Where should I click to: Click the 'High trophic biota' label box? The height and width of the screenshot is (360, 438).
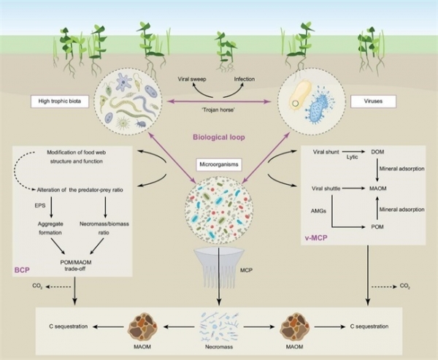tap(60, 102)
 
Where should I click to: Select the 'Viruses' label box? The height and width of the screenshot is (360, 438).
tap(373, 102)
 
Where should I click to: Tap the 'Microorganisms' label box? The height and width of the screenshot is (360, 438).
tap(219, 164)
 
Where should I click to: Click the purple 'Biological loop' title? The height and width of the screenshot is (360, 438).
tap(219, 137)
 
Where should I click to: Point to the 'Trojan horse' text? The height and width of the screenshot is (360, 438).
tap(218, 110)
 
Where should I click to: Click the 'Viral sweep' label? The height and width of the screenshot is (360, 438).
tap(192, 79)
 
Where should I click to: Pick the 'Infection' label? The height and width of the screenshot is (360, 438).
tap(245, 79)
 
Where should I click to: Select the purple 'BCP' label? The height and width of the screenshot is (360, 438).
tap(22, 270)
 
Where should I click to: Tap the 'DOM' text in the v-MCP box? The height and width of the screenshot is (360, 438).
tap(377, 152)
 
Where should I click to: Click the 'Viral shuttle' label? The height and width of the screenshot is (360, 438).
tap(326, 188)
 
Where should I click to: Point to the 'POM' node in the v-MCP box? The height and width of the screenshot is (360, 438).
tap(377, 226)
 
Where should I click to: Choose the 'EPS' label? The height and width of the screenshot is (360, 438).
tap(40, 205)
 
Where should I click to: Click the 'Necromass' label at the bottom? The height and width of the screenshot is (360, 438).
tap(219, 347)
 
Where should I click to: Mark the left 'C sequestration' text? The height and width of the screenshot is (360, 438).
tap(69, 326)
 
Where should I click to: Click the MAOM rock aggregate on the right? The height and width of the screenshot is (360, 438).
tap(295, 326)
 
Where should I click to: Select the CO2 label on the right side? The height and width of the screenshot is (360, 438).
tap(404, 286)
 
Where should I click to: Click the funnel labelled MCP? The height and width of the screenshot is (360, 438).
tap(219, 267)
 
